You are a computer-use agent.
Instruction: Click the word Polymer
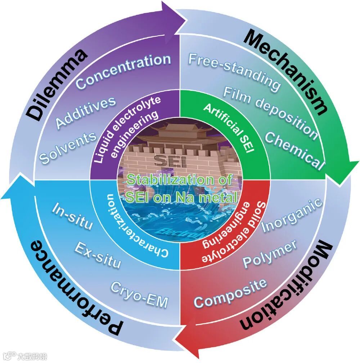click(x=270, y=254)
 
